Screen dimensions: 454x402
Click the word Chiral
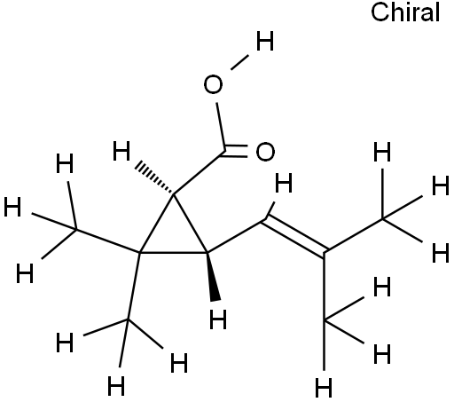(x=405, y=12)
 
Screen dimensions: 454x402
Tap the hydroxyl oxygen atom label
(x=213, y=85)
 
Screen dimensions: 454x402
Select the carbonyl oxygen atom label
(x=265, y=152)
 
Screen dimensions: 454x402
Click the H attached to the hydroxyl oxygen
(x=265, y=41)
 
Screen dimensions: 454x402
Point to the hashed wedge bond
(x=154, y=178)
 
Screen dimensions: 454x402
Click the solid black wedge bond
(x=214, y=277)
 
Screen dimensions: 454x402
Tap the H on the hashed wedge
(x=121, y=151)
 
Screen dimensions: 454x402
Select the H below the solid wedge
(x=218, y=319)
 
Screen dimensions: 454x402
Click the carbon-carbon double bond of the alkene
(x=294, y=235)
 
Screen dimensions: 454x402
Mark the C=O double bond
(x=235, y=151)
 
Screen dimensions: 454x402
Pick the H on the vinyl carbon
(x=284, y=183)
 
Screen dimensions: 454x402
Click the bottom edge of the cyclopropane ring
(x=174, y=253)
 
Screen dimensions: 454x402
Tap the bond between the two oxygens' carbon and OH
(x=221, y=127)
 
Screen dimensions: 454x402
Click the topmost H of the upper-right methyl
(x=382, y=152)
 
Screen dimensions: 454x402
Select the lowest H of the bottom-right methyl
(x=324, y=387)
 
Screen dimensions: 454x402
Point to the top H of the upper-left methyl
(x=65, y=163)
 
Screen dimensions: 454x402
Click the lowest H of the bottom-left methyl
(x=116, y=386)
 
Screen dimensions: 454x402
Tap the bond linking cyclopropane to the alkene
(x=236, y=236)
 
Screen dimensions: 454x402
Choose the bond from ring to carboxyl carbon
(x=200, y=173)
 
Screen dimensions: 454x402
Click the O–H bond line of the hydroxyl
(x=239, y=62)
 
